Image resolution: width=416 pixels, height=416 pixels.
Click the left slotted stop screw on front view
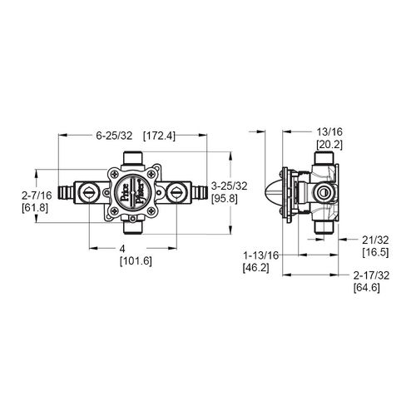click(87, 191)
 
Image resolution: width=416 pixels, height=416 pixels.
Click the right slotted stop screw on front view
click(177, 191)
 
